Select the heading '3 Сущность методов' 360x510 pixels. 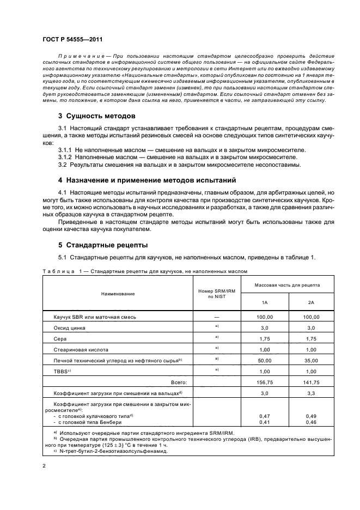coord(97,116)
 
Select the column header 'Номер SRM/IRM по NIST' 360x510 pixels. coord(216,294)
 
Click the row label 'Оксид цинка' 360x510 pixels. coord(69,328)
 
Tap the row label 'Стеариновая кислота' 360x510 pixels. coord(81,349)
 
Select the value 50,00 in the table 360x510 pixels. coord(264,360)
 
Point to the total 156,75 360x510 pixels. coord(264,382)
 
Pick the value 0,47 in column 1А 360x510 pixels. coord(264,416)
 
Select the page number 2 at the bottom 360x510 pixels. coord(44,466)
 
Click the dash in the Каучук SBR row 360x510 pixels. coord(216,317)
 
